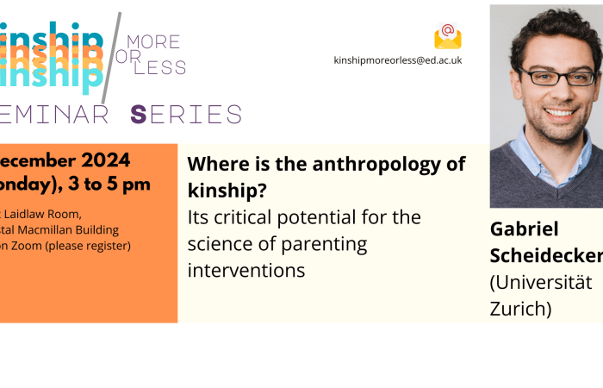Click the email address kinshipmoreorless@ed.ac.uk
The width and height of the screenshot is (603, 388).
pos(398,60)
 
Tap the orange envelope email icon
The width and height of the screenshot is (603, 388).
pos(448,36)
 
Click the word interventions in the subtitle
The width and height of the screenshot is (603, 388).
pos(246,271)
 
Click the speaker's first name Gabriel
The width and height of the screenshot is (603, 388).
pos(525,229)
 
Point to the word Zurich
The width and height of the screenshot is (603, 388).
pos(519,308)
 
